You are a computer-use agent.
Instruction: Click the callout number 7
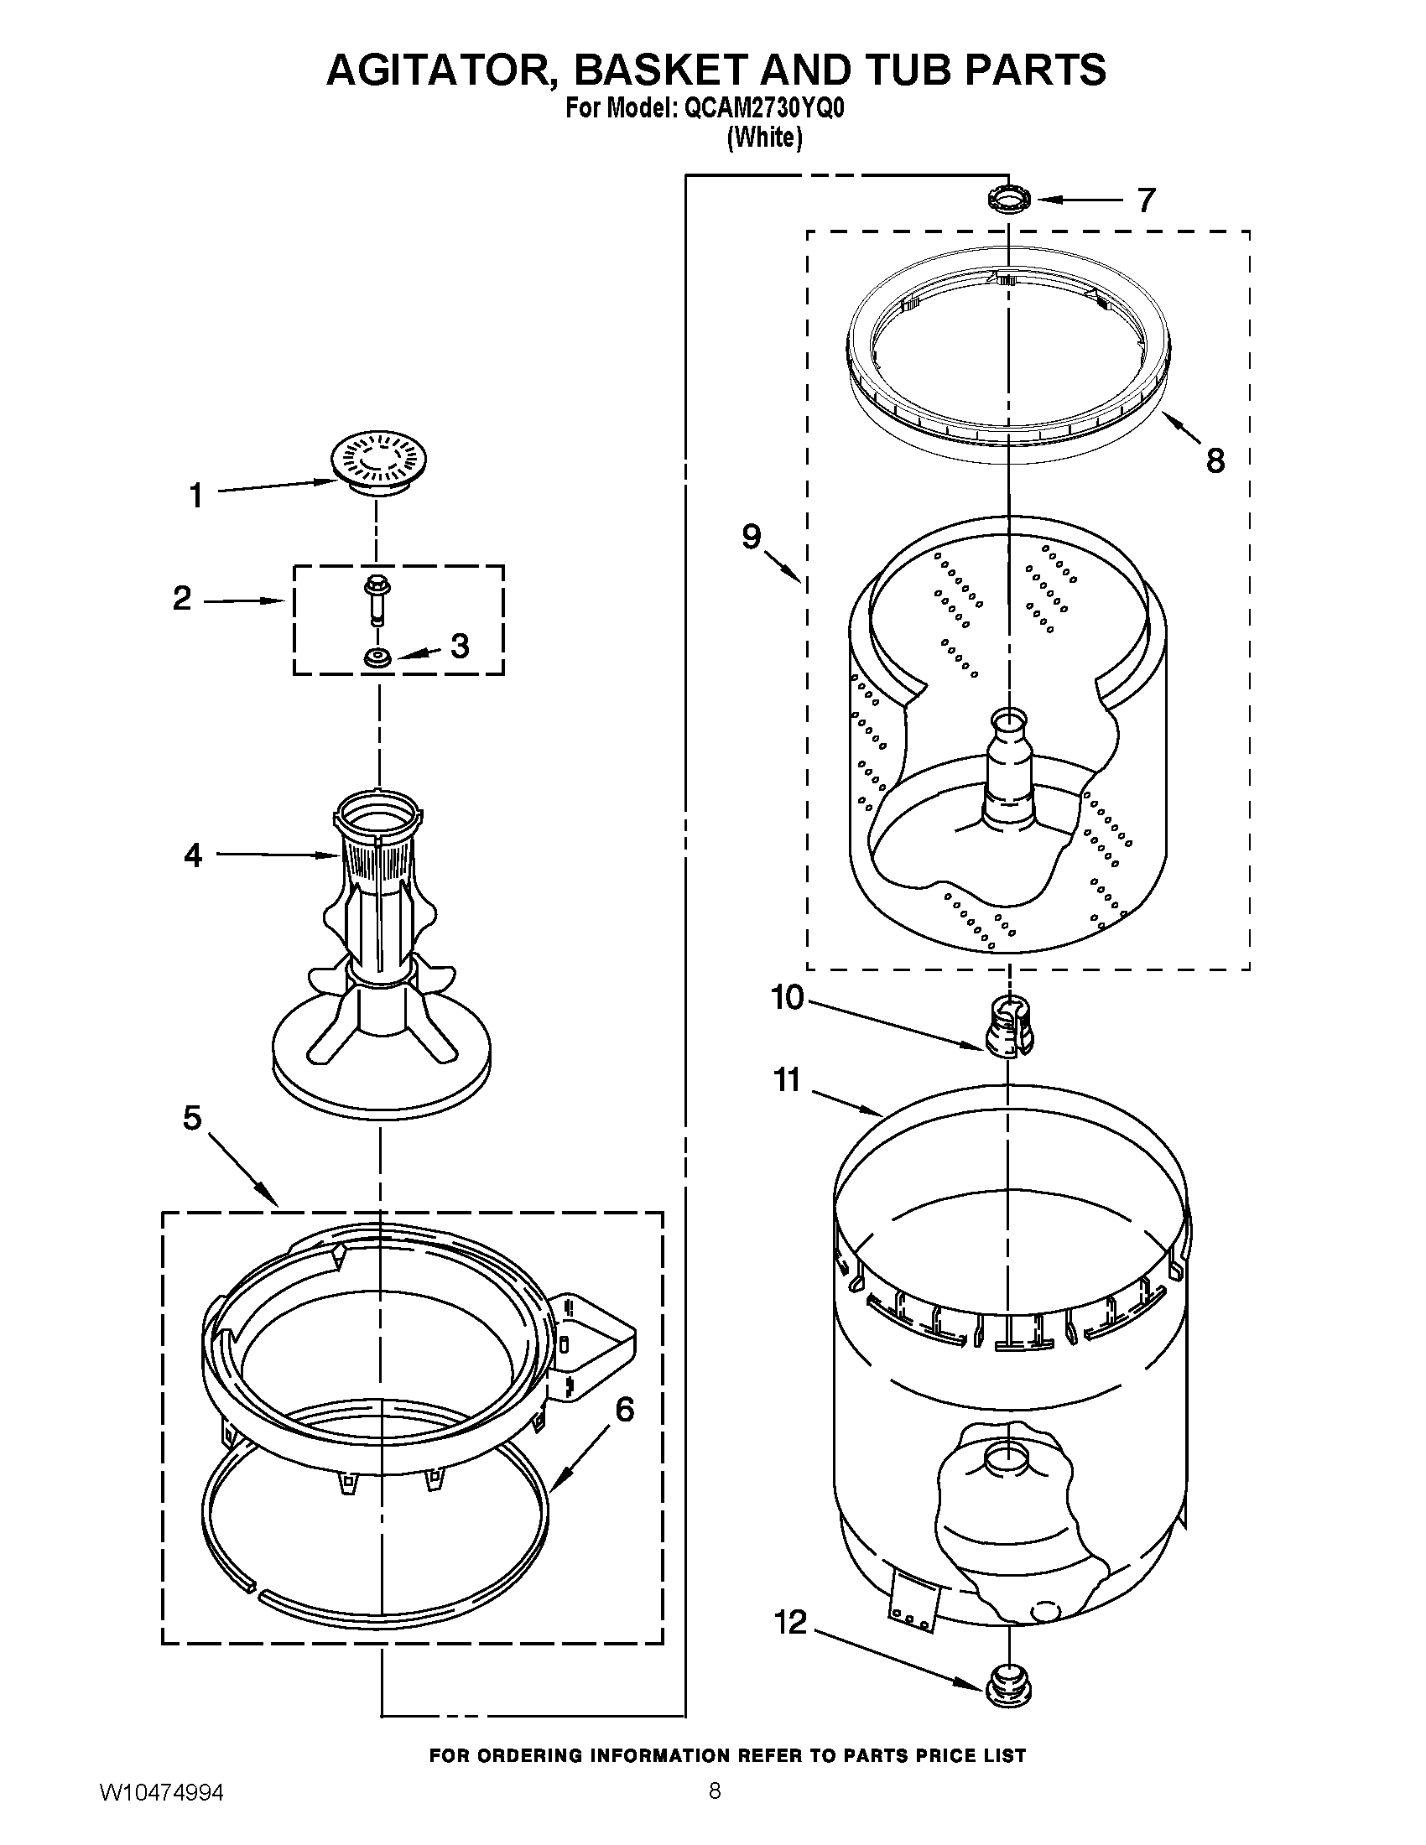point(1146,200)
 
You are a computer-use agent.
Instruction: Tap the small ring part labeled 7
point(1007,200)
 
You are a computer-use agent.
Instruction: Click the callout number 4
point(194,855)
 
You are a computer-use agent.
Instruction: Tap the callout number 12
point(791,1623)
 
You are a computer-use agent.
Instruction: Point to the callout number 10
point(788,998)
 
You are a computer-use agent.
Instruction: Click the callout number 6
point(624,1409)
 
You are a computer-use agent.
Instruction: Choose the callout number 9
point(751,537)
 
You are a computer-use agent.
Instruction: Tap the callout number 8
point(1215,460)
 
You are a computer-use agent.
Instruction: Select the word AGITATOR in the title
point(440,70)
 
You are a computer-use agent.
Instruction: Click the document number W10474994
point(160,1810)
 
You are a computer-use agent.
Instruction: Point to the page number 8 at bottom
point(715,1808)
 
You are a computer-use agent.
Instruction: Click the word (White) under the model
point(764,138)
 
